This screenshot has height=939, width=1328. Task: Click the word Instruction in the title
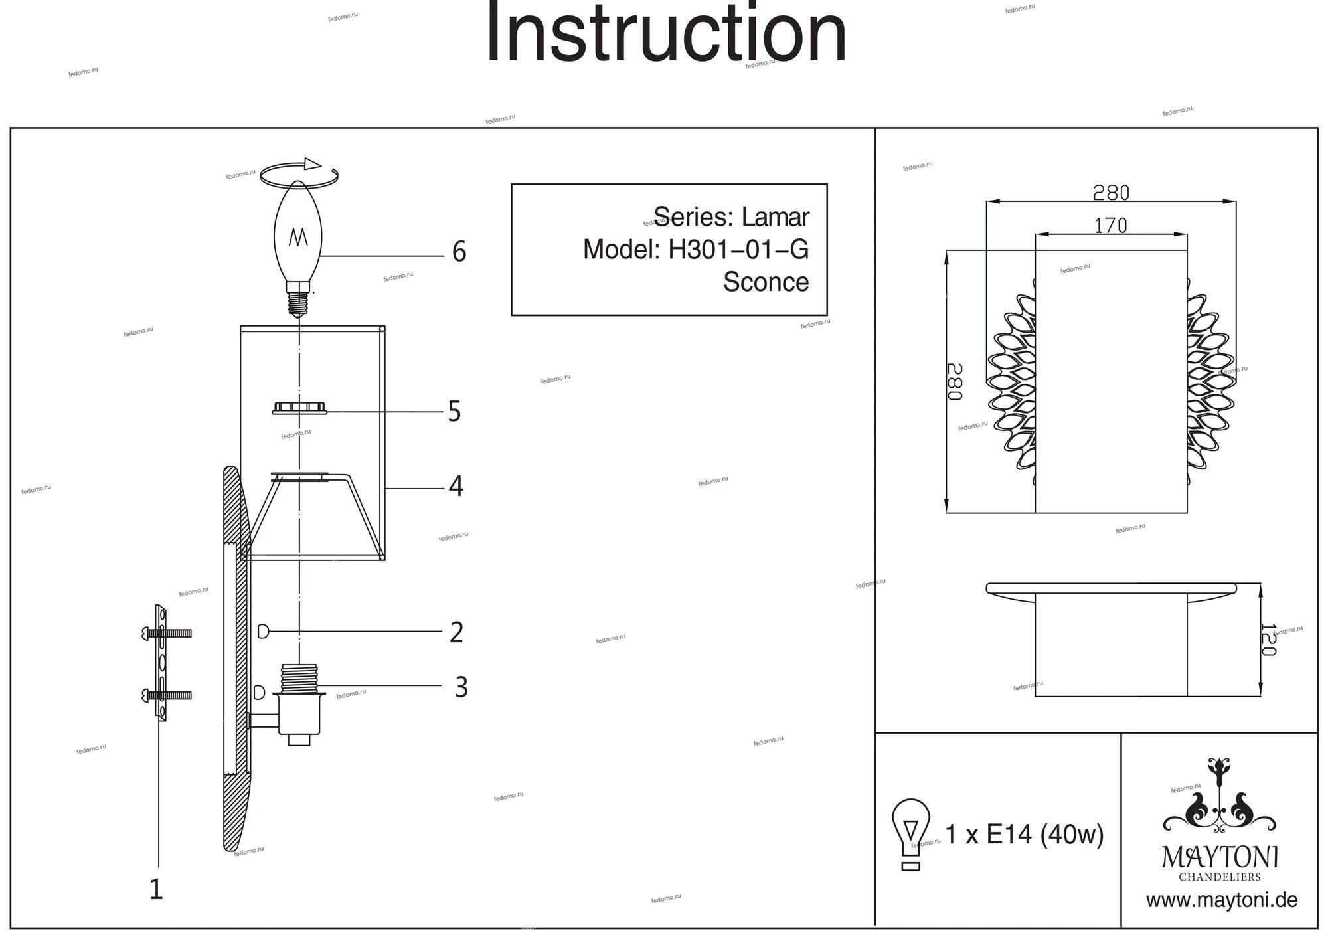666,33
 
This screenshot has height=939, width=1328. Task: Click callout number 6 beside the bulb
459,252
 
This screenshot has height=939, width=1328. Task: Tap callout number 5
454,412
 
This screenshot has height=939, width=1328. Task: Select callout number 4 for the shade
456,487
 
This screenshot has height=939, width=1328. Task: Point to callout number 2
456,632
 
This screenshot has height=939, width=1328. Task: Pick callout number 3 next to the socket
461,687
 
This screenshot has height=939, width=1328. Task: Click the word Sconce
766,282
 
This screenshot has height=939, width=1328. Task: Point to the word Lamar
775,217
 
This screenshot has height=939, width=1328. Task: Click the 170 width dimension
1111,226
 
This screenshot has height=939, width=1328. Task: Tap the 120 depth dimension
1268,640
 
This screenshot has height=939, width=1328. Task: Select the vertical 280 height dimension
954,382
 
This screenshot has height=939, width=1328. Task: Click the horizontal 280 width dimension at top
1111,193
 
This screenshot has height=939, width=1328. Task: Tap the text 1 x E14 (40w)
1024,835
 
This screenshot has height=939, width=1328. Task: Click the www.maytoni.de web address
1222,900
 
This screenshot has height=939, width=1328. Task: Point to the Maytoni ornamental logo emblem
1219,800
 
